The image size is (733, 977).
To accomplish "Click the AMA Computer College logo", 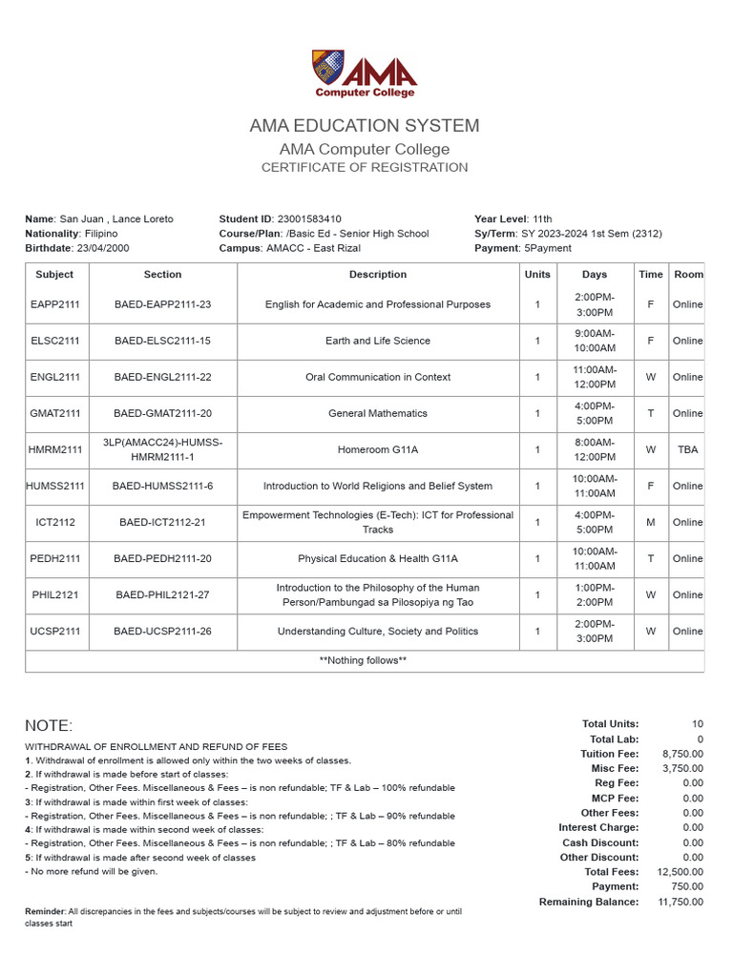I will point(365,73).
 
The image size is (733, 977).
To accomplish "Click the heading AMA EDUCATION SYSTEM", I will point(365,126).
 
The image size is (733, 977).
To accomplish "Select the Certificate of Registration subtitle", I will point(365,168).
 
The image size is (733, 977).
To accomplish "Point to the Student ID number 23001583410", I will point(309,219).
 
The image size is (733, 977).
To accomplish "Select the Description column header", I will point(378,275).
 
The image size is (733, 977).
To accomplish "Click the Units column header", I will point(537,275).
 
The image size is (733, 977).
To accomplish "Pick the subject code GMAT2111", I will point(54,414).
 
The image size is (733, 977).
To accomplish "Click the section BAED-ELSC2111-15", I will point(162,341).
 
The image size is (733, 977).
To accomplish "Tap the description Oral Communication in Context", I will point(378,377).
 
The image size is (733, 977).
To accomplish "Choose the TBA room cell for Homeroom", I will point(687,450).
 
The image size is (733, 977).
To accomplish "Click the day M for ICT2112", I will point(651,523).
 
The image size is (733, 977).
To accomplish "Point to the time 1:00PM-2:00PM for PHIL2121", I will point(595,595).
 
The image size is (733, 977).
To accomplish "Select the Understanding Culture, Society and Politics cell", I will point(378,632).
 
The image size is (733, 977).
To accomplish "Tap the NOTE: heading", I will point(49,726).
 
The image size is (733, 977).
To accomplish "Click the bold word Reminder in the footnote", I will point(45,912).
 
